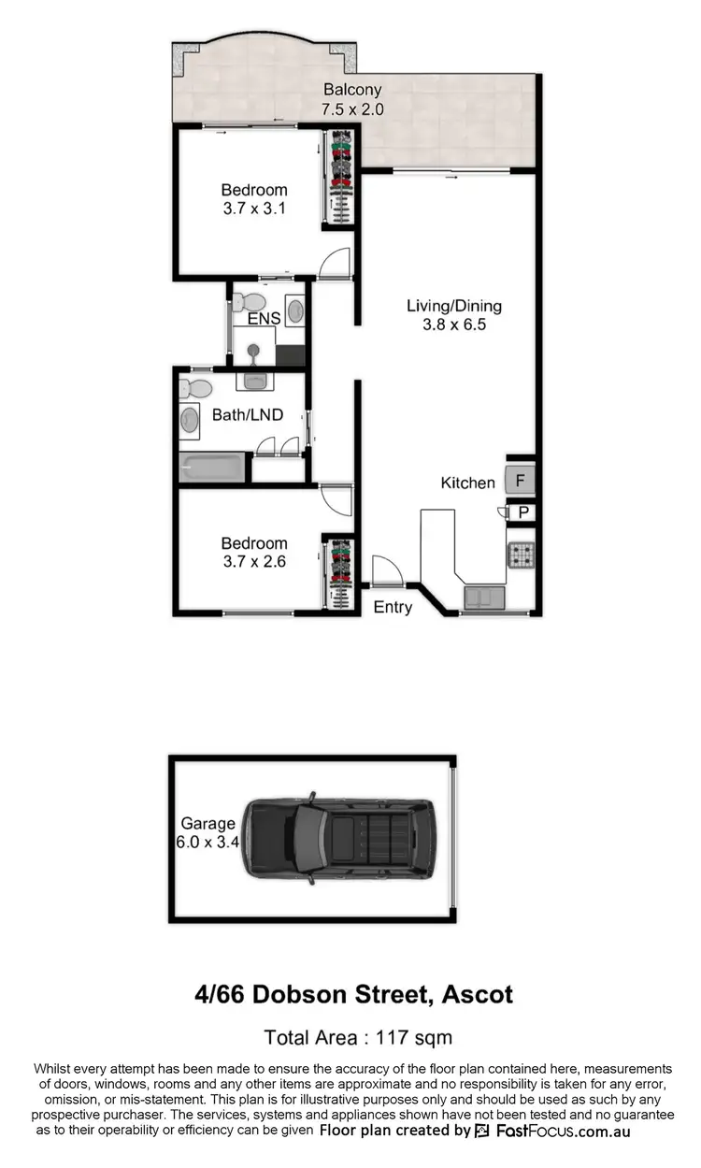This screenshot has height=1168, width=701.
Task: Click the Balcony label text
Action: tap(352, 91)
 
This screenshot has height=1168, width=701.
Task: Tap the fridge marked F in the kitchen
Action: tap(520, 481)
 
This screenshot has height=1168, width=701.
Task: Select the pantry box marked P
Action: tap(522, 512)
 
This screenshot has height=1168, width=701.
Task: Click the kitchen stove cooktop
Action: tap(521, 556)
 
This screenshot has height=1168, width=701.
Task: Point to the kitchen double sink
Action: tap(484, 596)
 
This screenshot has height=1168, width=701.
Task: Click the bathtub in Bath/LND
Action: tap(212, 467)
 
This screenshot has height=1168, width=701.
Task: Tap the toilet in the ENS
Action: tap(248, 302)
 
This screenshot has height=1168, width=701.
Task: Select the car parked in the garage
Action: tap(338, 838)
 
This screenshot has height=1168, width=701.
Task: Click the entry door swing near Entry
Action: tap(385, 570)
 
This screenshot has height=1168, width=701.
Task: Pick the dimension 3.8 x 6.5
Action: tap(453, 325)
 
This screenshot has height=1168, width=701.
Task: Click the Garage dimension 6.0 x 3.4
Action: tap(207, 841)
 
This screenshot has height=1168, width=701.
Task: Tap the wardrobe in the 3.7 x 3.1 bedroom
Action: tap(338, 177)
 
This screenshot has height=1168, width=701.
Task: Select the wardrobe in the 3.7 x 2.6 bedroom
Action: tap(339, 572)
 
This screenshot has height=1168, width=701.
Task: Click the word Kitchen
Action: tap(467, 483)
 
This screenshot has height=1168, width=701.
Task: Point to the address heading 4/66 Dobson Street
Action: tap(353, 993)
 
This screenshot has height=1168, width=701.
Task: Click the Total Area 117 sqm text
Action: tap(358, 1037)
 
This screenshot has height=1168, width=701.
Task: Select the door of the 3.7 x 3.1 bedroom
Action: tap(335, 264)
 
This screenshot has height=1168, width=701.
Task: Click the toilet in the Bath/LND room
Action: tap(195, 387)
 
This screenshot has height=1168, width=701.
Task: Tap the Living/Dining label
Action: tap(453, 306)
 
